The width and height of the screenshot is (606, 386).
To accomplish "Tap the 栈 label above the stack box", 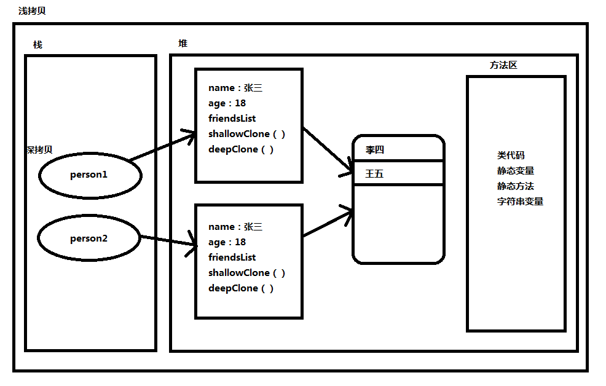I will tap(38, 45).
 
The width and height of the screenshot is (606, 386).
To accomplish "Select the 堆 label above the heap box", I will tap(183, 44).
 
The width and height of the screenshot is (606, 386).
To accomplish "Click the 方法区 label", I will tap(503, 65).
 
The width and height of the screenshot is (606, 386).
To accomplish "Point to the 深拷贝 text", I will tap(39, 150).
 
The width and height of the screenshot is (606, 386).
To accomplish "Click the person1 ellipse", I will tap(90, 175).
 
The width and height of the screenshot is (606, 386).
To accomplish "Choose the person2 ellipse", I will tap(89, 238).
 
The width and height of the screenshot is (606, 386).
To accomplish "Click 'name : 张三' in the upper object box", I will tap(235, 88).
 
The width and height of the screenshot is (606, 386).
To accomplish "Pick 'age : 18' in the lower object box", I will tap(227, 242).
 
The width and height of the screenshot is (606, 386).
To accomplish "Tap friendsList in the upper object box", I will tap(232, 119).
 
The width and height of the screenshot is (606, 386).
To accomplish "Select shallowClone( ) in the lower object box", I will tap(247, 273).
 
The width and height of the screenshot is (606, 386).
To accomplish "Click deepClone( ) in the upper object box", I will tap(241, 149).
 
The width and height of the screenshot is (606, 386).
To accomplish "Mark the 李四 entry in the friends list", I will tap(375, 149).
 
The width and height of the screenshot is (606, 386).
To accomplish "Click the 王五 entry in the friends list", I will tap(374, 174).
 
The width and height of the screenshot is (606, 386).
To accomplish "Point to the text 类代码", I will tap(511, 156).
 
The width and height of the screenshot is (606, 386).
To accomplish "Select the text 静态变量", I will tap(516, 171).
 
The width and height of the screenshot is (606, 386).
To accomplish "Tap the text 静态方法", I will tap(516, 186).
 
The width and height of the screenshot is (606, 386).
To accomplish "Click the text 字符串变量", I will tap(520, 202).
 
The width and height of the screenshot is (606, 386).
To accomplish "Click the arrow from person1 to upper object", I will tap(162, 146).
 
